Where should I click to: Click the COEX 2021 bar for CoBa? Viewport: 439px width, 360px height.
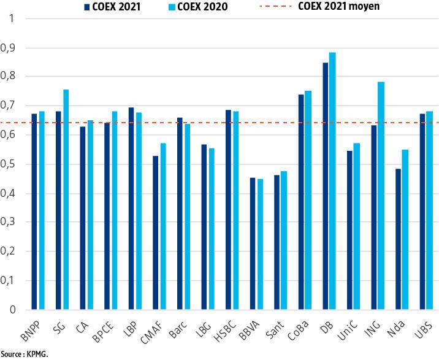[x=301, y=202]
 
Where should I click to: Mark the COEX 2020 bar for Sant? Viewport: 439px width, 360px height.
[x=284, y=240]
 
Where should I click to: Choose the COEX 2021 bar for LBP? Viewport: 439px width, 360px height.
[x=131, y=209]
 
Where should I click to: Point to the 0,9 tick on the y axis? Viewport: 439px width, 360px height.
[x=10, y=48]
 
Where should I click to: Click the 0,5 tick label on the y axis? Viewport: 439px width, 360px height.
[x=10, y=164]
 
